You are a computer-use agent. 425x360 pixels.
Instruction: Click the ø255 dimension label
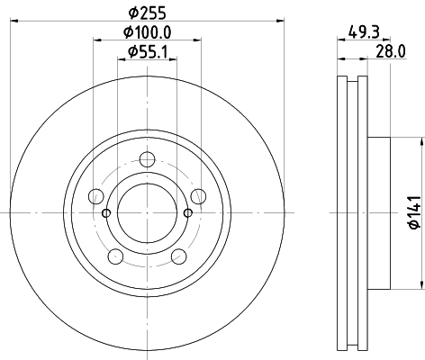coord(147,13)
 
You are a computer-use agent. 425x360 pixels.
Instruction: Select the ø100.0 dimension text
coord(148,32)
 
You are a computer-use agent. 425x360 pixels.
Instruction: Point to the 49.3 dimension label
coord(364,31)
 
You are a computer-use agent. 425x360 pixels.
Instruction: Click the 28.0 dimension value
coord(391,51)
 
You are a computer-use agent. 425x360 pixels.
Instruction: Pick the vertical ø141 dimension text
coord(415,212)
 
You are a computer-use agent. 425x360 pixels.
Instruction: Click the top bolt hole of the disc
coord(147,159)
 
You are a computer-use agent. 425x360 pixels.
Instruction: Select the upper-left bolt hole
coord(96,196)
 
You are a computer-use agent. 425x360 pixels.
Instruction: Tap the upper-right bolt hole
coord(198,196)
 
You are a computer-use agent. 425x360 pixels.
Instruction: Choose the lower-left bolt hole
coord(115,256)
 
